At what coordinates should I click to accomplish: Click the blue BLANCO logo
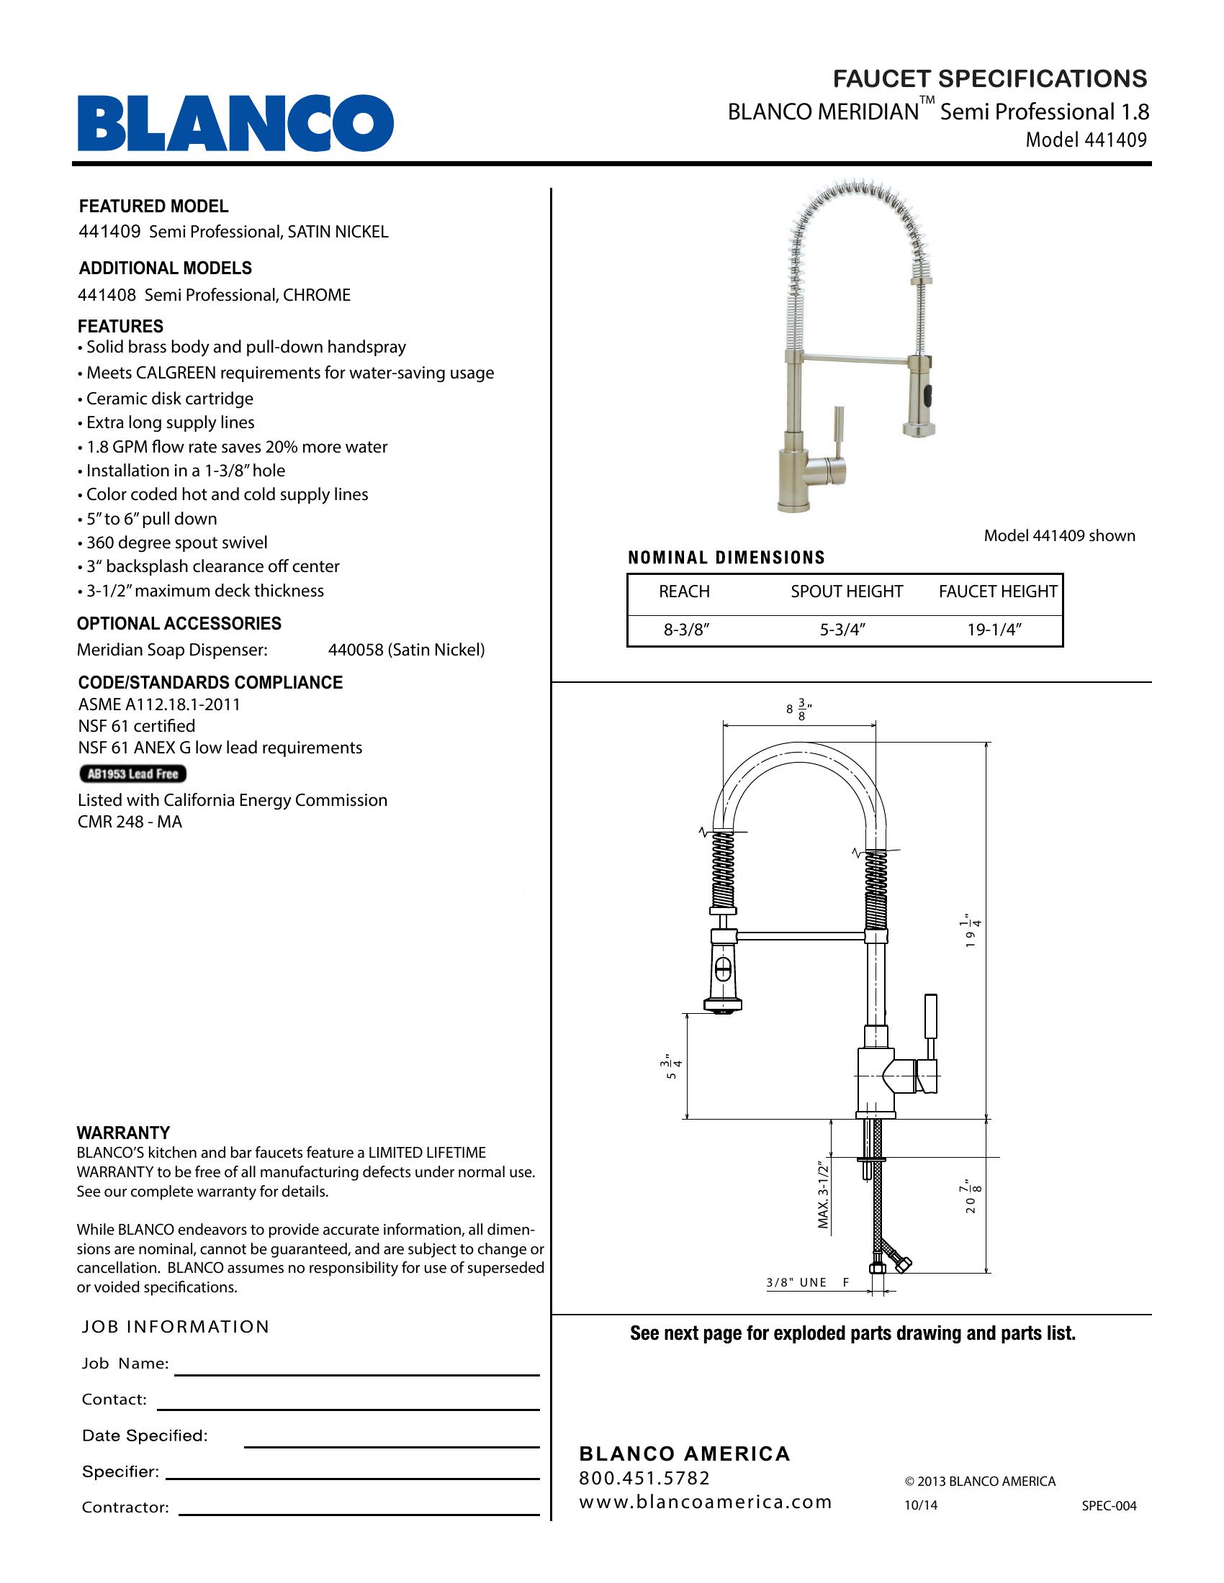(x=235, y=123)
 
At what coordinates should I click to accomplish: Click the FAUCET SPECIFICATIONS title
(x=990, y=78)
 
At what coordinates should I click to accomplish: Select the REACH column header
(x=684, y=591)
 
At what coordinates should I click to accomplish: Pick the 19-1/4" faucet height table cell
(x=994, y=629)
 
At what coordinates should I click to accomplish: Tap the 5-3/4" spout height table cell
(x=843, y=629)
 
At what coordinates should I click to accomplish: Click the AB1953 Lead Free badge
(x=132, y=774)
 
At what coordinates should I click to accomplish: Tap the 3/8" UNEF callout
(x=807, y=1282)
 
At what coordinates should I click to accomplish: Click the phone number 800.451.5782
(x=644, y=1478)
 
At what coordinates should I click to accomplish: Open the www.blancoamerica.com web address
(x=705, y=1502)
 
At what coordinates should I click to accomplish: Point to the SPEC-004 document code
(x=1109, y=1505)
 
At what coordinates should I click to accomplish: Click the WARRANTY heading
(x=123, y=1133)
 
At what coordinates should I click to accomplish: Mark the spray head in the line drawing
(x=724, y=971)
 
